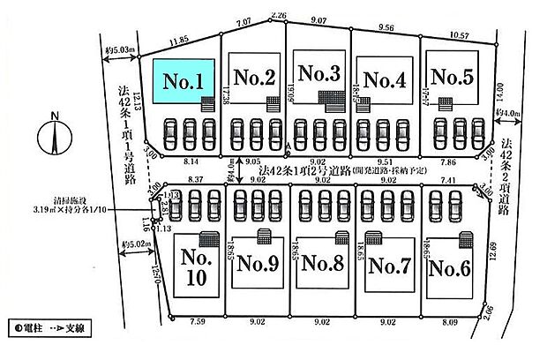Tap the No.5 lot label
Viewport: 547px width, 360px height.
tap(454, 78)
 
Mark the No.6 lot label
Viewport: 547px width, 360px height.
tap(452, 265)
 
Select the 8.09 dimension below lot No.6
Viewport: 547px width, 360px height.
tap(451, 325)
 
